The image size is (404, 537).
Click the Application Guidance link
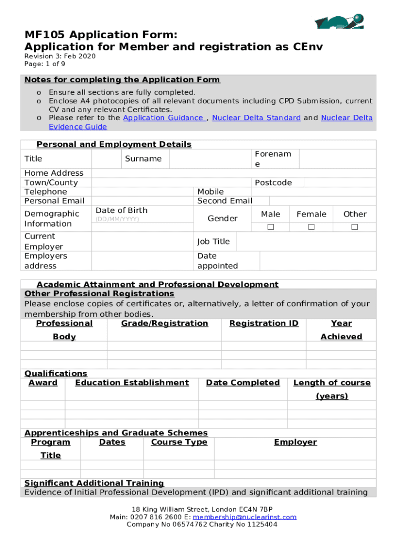(x=164, y=118)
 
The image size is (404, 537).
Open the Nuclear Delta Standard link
(x=256, y=118)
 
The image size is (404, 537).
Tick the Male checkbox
(x=271, y=227)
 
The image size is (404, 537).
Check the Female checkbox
(x=311, y=227)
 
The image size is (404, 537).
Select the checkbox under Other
(x=355, y=227)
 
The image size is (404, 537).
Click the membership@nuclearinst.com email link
(x=244, y=517)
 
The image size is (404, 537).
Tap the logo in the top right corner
(x=339, y=22)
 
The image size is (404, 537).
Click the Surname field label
(x=143, y=159)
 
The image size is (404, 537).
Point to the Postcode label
(x=273, y=182)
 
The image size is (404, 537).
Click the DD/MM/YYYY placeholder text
(x=117, y=219)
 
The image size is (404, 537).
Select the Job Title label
(x=214, y=241)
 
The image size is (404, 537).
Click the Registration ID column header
(x=264, y=324)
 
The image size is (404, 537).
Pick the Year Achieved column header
(x=341, y=330)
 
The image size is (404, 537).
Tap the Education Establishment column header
(x=132, y=383)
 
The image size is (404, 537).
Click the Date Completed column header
(x=243, y=383)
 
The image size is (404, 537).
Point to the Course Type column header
(x=179, y=442)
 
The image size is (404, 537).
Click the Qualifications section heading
(x=56, y=373)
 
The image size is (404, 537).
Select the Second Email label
(x=225, y=201)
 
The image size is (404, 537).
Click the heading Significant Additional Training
(x=94, y=483)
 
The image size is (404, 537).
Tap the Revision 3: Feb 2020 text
(x=60, y=56)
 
